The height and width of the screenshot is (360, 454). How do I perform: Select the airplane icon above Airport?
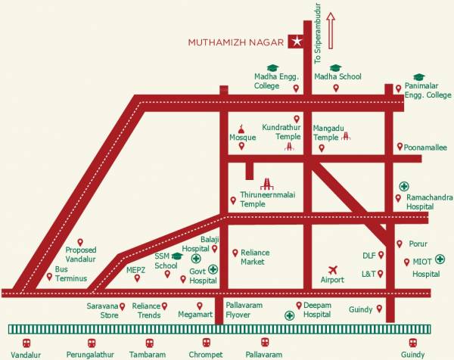click(332, 269)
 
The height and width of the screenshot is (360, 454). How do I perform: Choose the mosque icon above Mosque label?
click(241, 128)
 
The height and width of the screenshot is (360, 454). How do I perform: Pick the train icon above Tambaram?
click(147, 343)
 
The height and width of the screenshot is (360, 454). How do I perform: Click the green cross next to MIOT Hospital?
click(440, 259)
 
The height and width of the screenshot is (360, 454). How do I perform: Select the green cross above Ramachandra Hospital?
click(404, 186)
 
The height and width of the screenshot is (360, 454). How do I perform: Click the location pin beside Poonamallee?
click(400, 148)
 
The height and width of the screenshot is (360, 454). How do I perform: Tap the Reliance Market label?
click(255, 257)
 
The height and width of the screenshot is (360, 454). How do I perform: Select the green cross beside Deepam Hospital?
click(288, 315)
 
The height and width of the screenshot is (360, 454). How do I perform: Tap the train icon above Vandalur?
click(25, 343)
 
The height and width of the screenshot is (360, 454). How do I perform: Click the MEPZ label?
click(136, 268)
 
